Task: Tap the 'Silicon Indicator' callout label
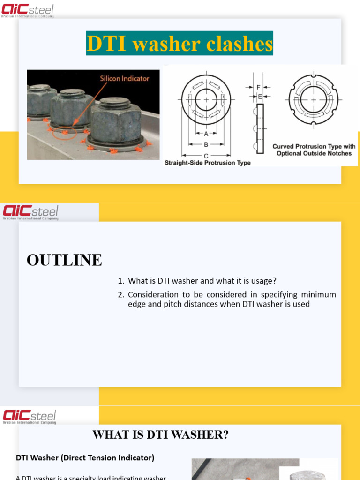tap(124, 78)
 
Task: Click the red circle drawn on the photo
tap(64, 133)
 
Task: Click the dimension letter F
tap(258, 87)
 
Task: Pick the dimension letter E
tap(260, 97)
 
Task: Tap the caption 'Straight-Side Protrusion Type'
tap(208, 163)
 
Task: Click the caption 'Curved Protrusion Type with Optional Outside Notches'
tap(314, 150)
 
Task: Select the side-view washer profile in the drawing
tap(260, 128)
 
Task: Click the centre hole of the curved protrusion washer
tap(313, 100)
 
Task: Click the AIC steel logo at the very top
tap(28, 10)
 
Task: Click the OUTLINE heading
tap(64, 260)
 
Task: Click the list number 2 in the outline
tap(120, 295)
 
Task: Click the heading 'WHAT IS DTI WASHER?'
tap(160, 435)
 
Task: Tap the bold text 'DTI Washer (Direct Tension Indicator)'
tap(85, 457)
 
